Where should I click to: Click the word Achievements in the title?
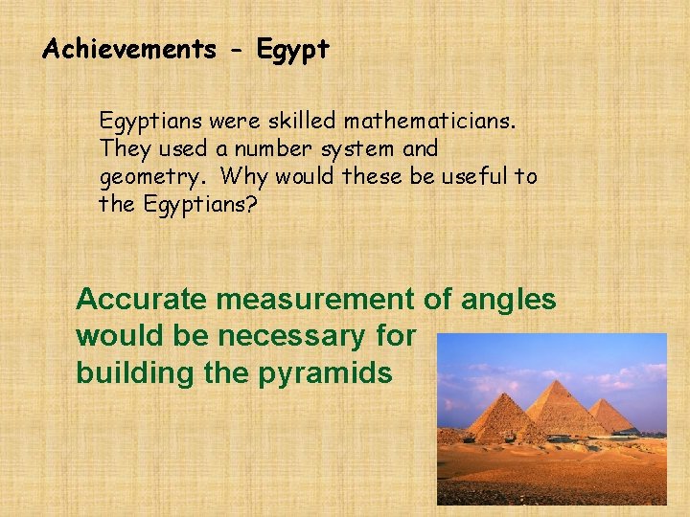pos(129,50)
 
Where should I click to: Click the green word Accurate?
pos(142,300)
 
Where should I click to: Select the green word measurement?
pos(316,300)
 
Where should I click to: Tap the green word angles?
pos(508,300)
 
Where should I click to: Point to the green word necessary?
pos(316,336)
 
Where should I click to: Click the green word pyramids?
pos(325,373)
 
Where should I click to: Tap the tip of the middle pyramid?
pos(555,381)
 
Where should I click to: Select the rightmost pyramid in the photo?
pos(611,416)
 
